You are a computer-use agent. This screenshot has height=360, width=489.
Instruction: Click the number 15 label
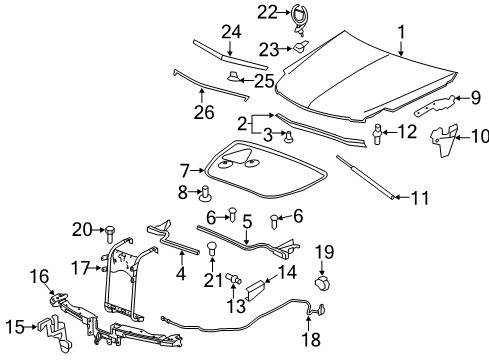tap(16, 326)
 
